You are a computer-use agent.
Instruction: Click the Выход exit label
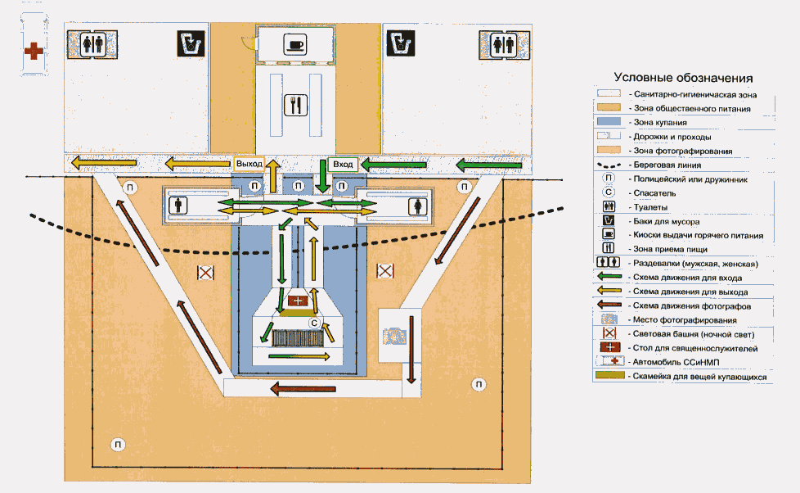pos(249,164)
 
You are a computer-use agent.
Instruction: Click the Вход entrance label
pos(342,164)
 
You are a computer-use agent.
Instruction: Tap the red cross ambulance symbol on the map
pos(33,52)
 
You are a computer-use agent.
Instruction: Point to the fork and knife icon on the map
pos(295,105)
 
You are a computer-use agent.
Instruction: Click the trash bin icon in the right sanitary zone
pos(398,43)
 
